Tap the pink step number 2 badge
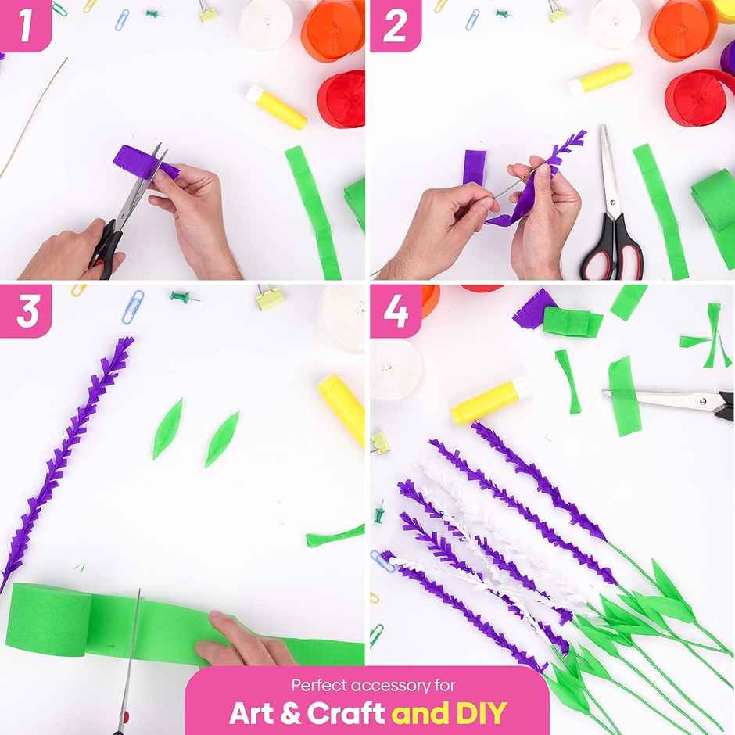point(395,25)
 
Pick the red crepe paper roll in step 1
point(342,99)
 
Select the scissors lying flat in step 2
point(612,215)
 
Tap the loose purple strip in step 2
point(474,167)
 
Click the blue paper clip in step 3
point(132,306)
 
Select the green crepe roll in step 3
point(47,617)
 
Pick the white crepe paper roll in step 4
point(396,367)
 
